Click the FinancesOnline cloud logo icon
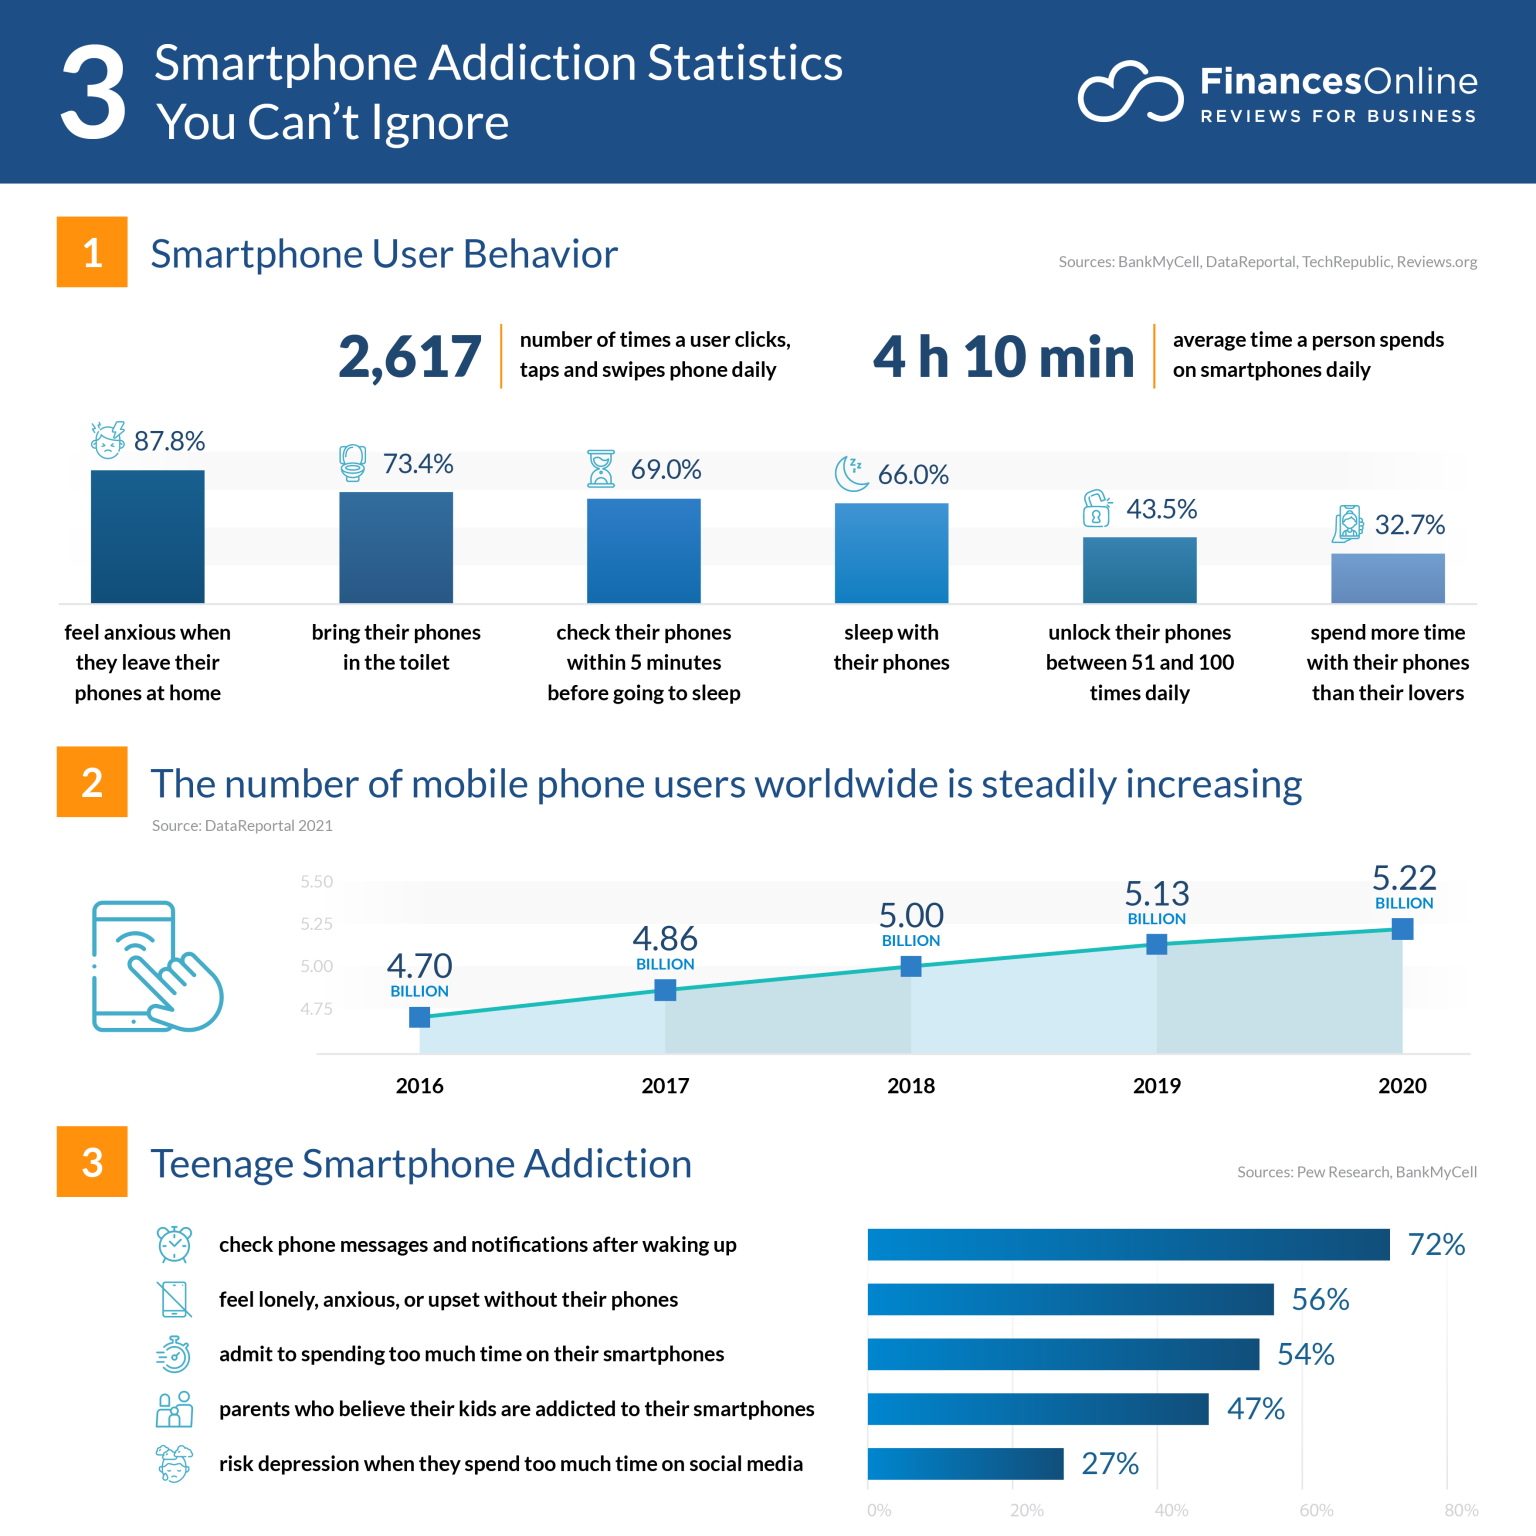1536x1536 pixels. tap(1130, 92)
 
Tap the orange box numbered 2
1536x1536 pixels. tap(92, 782)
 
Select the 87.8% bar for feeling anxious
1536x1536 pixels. tap(148, 536)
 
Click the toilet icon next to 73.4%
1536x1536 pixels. tap(352, 463)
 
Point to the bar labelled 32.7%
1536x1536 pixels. tap(1387, 578)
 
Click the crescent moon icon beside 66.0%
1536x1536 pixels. tap(851, 473)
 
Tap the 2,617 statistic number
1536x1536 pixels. tap(410, 356)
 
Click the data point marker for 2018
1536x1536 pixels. tap(911, 966)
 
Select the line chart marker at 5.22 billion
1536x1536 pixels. tap(1402, 929)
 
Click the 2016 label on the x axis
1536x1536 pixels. tap(419, 1086)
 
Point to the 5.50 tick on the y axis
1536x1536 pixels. tap(317, 882)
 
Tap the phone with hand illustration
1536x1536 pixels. tap(156, 966)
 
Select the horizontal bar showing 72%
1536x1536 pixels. tap(1128, 1244)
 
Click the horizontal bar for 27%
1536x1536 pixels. tap(965, 1463)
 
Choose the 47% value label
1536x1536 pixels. tap(1255, 1409)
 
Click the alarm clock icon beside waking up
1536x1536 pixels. tap(174, 1244)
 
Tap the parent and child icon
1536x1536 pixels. tap(174, 1409)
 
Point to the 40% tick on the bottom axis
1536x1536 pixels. tap(1171, 1510)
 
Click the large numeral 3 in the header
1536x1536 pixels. tap(94, 92)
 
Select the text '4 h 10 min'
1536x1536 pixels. tap(1003, 356)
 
